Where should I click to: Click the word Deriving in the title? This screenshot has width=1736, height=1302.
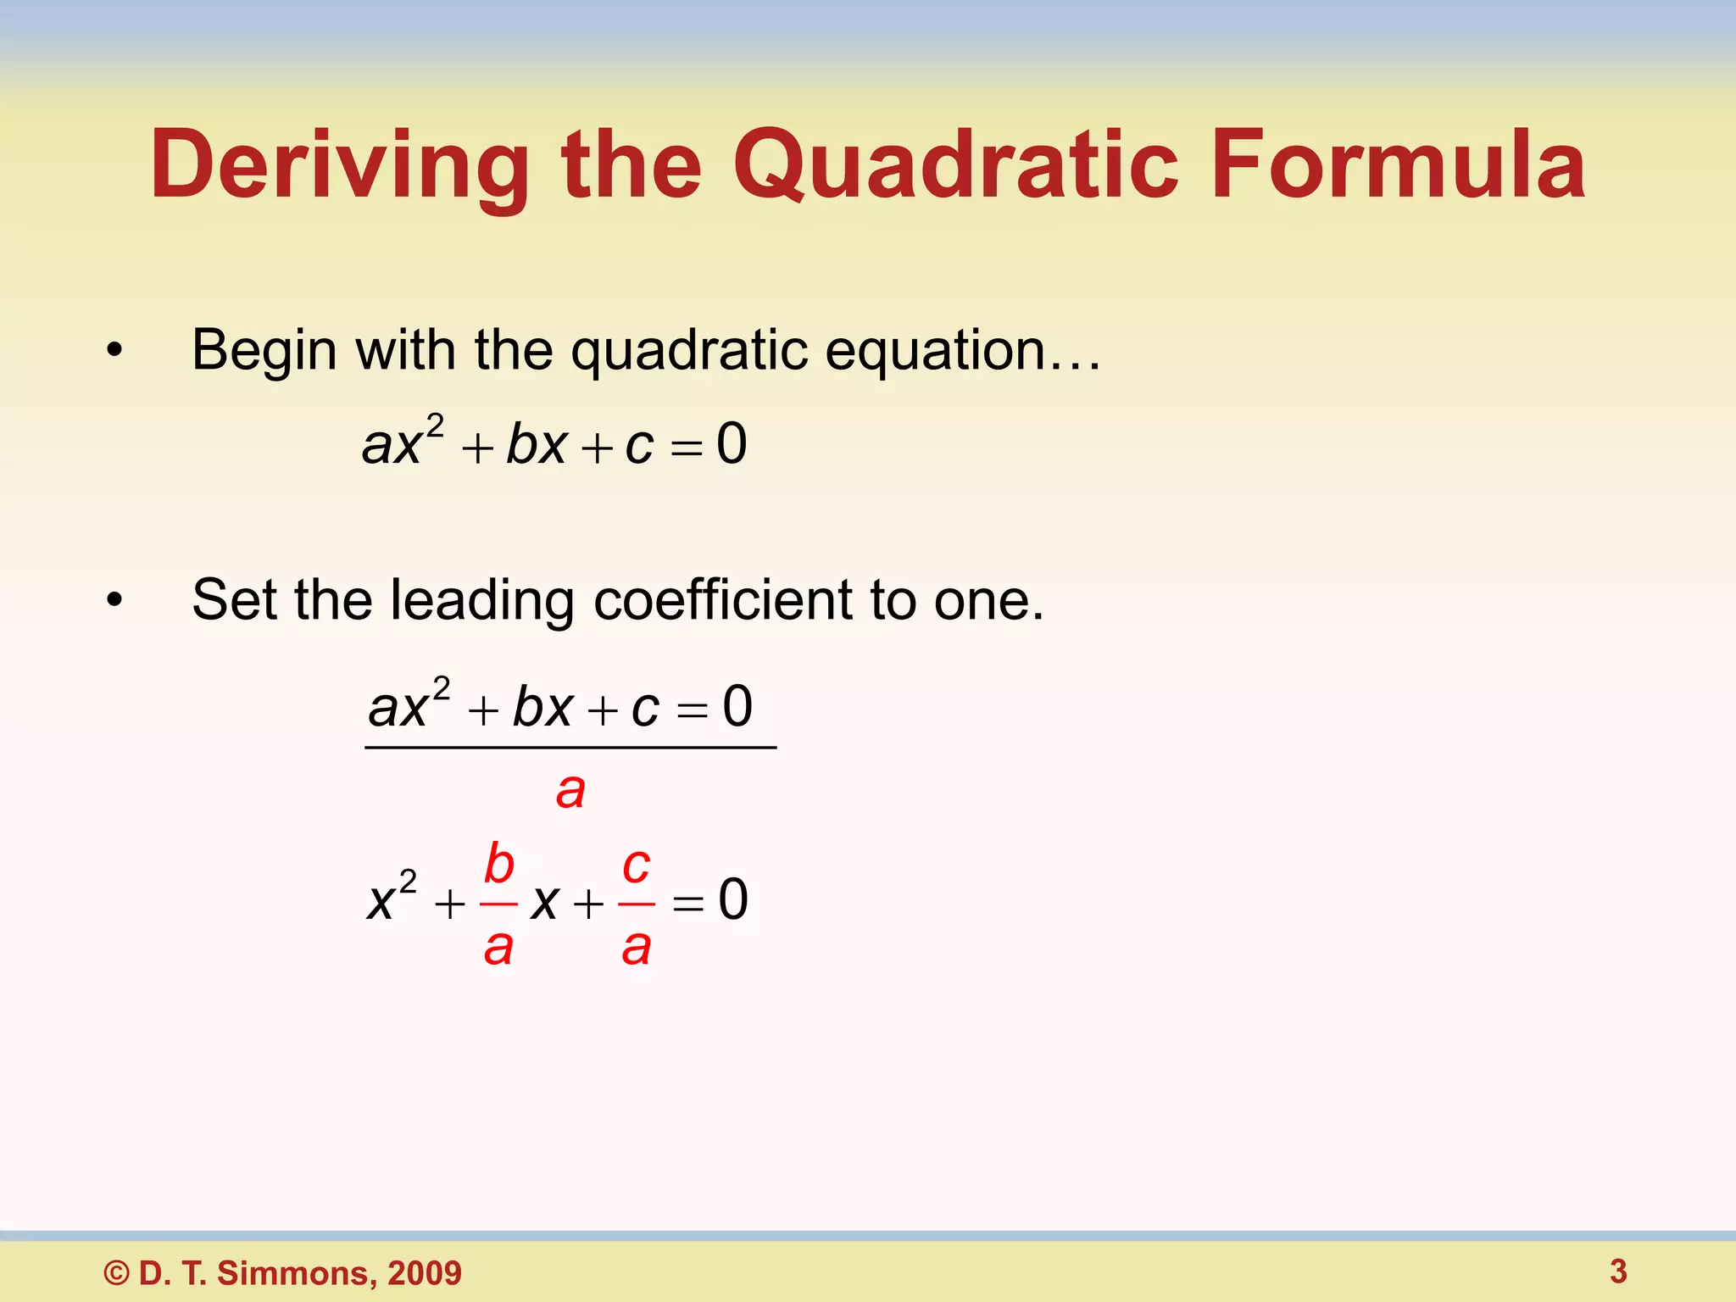[x=339, y=165]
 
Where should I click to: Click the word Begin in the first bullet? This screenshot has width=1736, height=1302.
[x=264, y=350]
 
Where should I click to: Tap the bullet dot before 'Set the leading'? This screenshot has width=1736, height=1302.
[x=114, y=600]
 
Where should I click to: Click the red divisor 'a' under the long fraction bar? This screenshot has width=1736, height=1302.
[x=570, y=791]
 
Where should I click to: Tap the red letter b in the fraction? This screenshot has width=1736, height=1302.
[x=499, y=864]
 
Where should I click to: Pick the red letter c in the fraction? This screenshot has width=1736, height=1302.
[x=636, y=865]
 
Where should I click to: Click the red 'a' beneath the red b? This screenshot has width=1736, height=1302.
[x=498, y=947]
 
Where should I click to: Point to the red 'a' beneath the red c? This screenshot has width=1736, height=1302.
[x=636, y=947]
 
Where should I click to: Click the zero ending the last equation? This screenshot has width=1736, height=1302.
[x=733, y=899]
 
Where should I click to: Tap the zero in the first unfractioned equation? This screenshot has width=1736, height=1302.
[x=732, y=443]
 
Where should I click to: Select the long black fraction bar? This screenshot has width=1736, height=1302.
[x=570, y=748]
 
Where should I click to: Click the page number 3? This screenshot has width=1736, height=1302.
[x=1618, y=1271]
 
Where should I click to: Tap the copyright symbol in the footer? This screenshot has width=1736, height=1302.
[x=116, y=1273]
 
